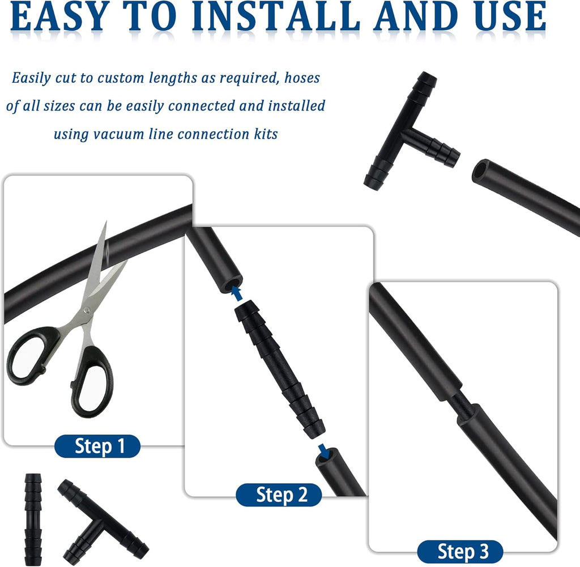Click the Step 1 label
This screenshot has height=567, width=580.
click(97, 446)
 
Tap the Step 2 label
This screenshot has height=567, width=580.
click(279, 495)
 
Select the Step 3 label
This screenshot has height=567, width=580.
click(460, 552)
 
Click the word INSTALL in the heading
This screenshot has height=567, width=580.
click(276, 16)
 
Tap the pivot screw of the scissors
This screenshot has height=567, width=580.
click(87, 310)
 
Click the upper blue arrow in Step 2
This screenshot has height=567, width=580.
click(237, 293)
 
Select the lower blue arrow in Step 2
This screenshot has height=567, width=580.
click(325, 450)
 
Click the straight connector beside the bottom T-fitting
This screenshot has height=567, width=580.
click(33, 519)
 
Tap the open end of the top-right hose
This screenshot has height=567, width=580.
click(481, 171)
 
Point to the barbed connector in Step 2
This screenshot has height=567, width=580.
click(280, 369)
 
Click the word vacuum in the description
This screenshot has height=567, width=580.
click(118, 134)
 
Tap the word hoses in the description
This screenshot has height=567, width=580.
click(302, 78)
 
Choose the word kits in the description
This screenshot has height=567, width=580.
click(266, 134)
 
